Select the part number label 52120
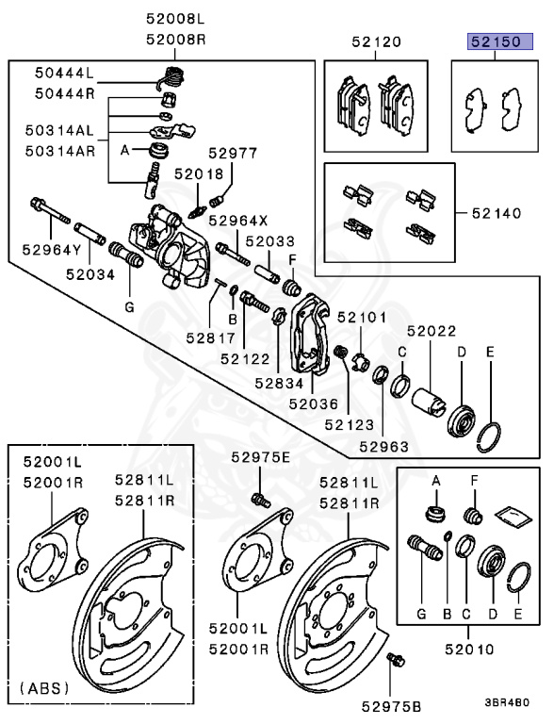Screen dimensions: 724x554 pos(376,42)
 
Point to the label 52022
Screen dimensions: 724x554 pos(432,331)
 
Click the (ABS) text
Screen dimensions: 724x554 pos(44,688)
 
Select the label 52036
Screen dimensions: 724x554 pos(314,403)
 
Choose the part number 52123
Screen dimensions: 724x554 pos(350,425)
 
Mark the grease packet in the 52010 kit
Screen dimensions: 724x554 pos(510,514)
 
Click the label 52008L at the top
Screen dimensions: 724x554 pos(174,18)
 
